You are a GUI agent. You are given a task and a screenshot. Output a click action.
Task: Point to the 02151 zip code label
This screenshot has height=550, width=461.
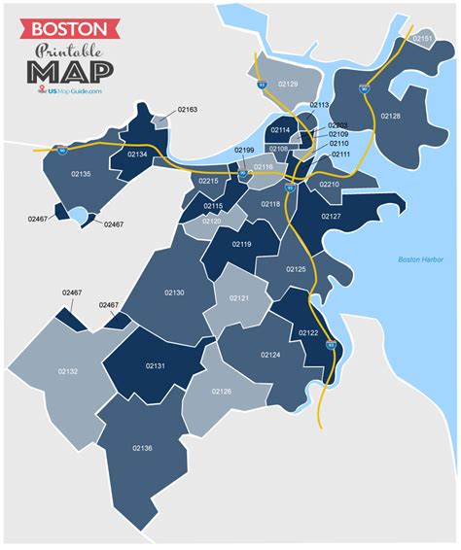(x=422, y=38)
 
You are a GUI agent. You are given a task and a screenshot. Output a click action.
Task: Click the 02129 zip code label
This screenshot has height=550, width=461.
(x=287, y=85)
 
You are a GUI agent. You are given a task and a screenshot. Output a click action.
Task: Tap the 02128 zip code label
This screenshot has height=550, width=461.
(x=390, y=116)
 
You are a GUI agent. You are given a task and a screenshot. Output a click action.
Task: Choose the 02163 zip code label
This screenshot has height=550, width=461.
(x=188, y=110)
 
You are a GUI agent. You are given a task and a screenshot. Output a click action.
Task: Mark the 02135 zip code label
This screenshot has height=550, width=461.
(x=81, y=174)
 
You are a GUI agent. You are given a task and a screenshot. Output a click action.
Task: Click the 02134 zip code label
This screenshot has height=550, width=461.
(x=137, y=155)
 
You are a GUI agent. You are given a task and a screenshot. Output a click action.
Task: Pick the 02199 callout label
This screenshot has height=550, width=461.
(x=243, y=151)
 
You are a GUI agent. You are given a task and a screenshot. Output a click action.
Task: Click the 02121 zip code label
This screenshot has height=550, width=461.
(x=238, y=297)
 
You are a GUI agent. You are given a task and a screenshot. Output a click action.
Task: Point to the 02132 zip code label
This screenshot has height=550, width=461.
(x=68, y=371)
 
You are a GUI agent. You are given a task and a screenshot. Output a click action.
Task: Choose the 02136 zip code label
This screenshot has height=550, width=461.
(x=142, y=447)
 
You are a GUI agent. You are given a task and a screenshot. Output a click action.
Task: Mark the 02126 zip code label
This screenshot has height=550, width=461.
(x=221, y=391)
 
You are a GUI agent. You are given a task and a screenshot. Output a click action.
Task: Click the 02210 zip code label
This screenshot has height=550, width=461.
(x=330, y=184)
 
